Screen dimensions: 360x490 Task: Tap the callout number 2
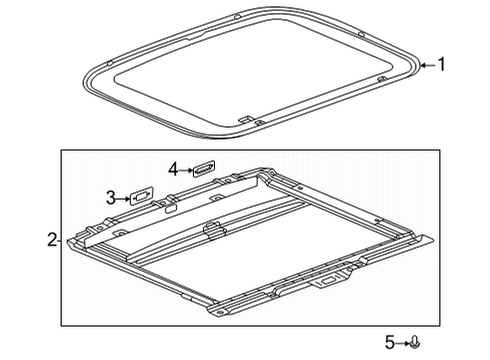(51, 240)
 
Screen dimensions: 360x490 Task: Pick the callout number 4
(174, 170)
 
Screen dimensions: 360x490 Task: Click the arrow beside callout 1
(428, 65)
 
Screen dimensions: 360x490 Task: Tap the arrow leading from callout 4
(186, 170)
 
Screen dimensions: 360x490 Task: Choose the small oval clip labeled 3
(139, 197)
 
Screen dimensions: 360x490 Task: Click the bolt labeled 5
(415, 342)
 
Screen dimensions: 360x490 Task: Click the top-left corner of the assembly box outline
(62, 150)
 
